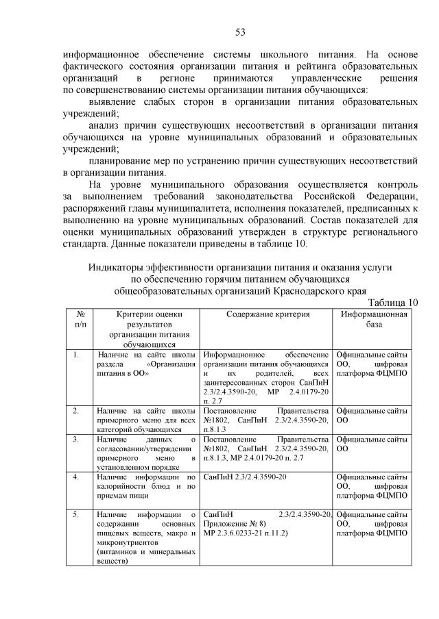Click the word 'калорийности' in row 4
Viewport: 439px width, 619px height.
[x=123, y=485]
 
